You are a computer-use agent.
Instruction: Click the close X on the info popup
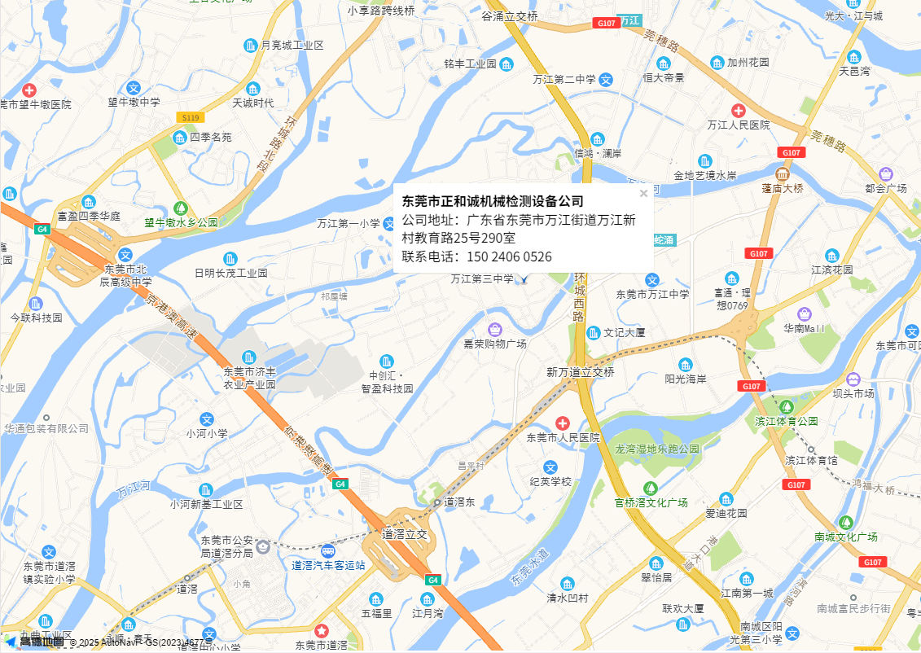tap(643, 194)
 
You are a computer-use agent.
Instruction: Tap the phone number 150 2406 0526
tap(506, 257)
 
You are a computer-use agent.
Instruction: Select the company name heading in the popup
tap(493, 201)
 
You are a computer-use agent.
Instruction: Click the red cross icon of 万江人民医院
tap(738, 110)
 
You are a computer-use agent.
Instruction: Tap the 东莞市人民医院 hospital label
tap(563, 437)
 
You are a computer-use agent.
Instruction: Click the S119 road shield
tap(190, 118)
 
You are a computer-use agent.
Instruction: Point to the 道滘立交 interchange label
tap(404, 535)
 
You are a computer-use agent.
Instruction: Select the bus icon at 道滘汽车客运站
tap(328, 550)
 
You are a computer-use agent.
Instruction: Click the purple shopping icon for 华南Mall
tap(805, 313)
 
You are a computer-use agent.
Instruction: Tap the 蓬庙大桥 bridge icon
tap(782, 174)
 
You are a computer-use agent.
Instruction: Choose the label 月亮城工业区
tap(292, 46)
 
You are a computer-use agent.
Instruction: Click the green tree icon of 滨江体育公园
tap(786, 406)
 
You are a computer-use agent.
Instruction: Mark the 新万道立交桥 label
tap(580, 372)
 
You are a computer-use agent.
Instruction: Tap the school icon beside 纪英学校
tap(550, 467)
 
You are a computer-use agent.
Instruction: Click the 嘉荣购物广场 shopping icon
tap(494, 329)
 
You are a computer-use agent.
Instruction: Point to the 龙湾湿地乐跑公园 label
tap(657, 449)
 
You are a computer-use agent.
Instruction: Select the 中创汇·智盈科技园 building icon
tap(388, 361)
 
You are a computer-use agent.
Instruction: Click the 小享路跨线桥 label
tap(380, 11)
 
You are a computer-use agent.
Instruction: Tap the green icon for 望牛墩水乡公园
tap(181, 208)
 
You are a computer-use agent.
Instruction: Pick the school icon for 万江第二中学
tap(606, 80)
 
